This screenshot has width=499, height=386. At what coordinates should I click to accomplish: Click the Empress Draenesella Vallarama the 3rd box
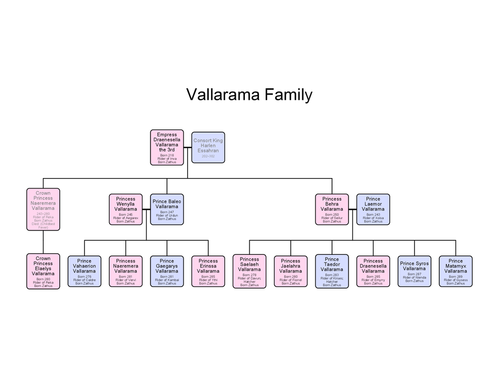click(167, 148)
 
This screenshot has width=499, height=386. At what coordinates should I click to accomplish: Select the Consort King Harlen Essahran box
click(208, 147)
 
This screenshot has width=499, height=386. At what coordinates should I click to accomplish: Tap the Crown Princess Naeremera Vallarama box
click(43, 209)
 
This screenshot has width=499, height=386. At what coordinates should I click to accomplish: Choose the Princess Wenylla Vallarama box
click(126, 209)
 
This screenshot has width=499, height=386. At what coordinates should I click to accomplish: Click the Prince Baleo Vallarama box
click(167, 209)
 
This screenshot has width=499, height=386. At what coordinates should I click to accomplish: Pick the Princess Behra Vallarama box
click(332, 209)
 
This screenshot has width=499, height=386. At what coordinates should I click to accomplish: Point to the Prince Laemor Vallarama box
click(373, 209)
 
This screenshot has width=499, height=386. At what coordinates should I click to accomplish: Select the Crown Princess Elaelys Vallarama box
click(43, 271)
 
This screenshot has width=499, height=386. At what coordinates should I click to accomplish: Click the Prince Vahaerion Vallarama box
click(84, 272)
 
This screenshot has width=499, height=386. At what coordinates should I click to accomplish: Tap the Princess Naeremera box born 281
click(126, 272)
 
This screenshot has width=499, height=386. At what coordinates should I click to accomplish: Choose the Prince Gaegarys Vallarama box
click(167, 272)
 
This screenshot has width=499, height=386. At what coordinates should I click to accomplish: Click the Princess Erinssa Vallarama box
click(208, 272)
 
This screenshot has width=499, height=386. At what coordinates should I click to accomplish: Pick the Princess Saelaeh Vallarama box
click(249, 272)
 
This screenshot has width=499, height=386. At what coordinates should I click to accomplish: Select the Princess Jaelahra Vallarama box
click(291, 272)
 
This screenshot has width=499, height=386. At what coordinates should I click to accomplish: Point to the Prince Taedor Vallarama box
click(332, 272)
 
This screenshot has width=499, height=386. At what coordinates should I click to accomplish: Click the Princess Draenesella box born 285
click(373, 272)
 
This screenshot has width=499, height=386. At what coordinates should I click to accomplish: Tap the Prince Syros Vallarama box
click(414, 272)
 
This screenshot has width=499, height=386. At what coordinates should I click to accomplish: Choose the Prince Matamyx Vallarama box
click(456, 272)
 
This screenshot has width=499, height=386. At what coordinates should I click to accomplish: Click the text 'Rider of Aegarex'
click(126, 218)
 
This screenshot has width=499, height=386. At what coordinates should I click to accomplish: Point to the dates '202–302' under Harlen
click(208, 157)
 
